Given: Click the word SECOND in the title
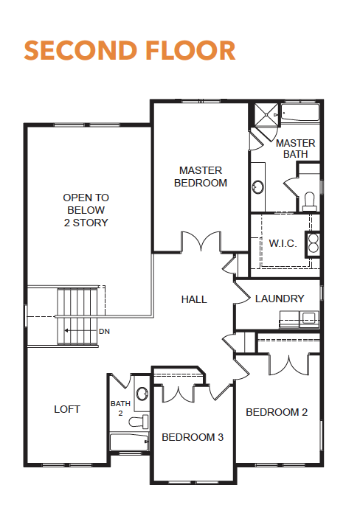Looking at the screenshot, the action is pos(80,50).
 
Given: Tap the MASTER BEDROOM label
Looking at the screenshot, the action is pos(201,177).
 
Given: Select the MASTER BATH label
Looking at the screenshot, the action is pos(295,148).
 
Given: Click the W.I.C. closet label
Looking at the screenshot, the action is pos(283,243).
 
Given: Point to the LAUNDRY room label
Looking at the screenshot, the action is pos(280,299).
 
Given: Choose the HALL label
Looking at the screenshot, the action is pos(194,299).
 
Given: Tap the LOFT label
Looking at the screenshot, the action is pos(67,409).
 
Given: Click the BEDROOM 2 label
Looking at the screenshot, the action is pos(277,412).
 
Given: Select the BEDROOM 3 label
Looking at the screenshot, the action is pos(193,437).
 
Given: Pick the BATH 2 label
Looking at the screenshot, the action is pos(120,408).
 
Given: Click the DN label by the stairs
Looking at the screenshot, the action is pos(104,332).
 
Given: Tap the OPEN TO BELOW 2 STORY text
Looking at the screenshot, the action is pos(86,210).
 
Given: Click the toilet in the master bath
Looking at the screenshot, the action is pos(309,202).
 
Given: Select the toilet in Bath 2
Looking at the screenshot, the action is pos(139,422).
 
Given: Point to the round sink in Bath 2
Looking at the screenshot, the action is pos(142,394).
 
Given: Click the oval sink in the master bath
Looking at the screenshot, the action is pos(257,187).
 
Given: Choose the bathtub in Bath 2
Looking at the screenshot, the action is pos(129,442).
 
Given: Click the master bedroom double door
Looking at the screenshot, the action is pos(201,241).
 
